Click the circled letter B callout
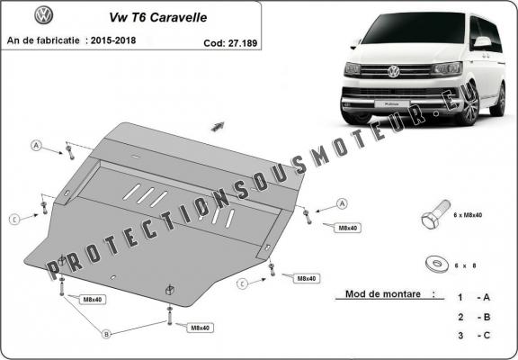(x=105, y=334)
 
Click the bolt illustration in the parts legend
(x=433, y=217)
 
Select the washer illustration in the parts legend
(x=438, y=263)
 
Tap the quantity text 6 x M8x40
(x=469, y=215)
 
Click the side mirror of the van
(x=483, y=41)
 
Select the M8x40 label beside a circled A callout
(x=347, y=228)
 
